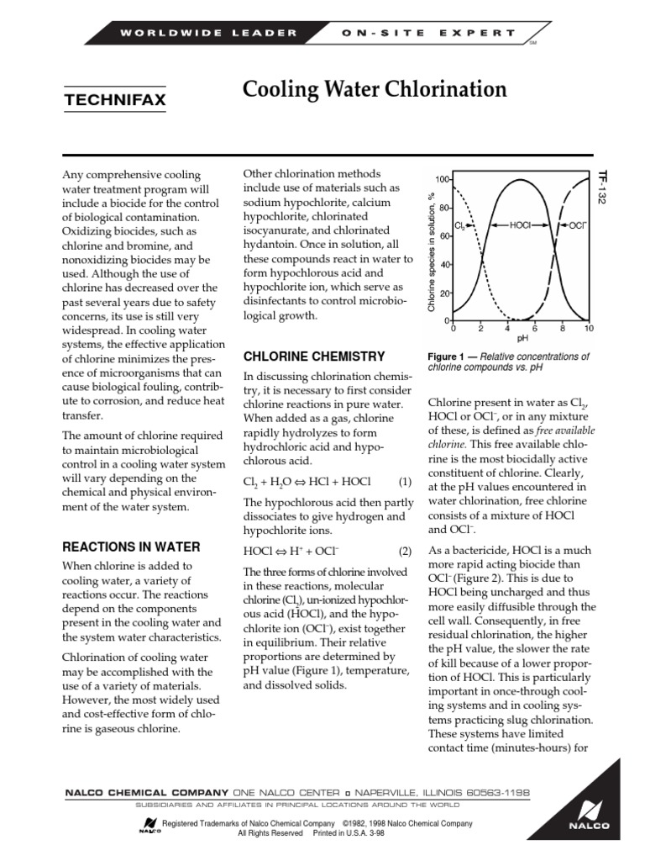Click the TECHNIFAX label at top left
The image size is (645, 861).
(115, 101)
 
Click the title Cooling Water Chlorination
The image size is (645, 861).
(375, 89)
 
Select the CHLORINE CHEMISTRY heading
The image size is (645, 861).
(313, 357)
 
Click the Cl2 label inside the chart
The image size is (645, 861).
(459, 226)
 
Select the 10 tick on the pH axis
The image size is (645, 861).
(589, 329)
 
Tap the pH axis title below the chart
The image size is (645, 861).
(522, 339)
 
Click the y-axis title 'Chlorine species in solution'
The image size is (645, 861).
(431, 252)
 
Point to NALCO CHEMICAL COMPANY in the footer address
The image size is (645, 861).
(146, 793)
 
